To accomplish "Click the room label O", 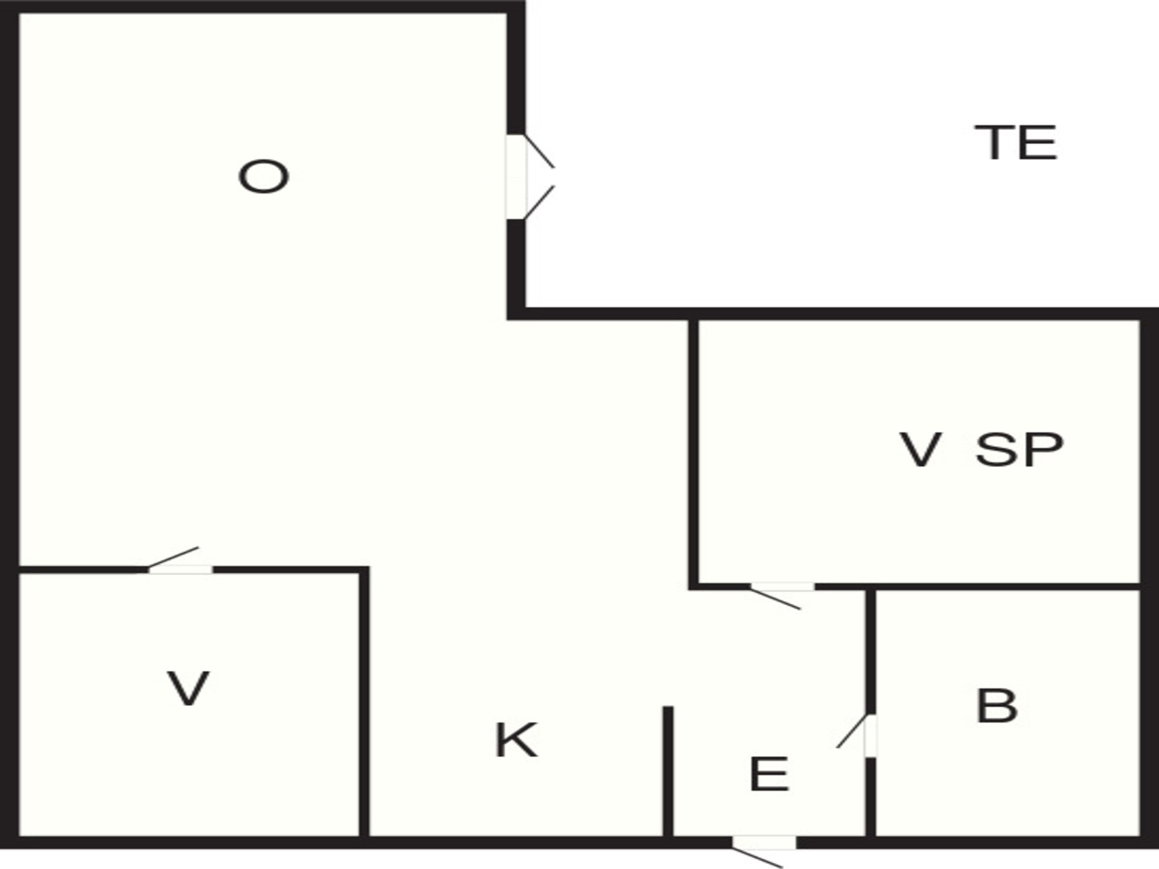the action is click(263, 177).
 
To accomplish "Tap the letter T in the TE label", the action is click(995, 142).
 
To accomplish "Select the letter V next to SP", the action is click(921, 450).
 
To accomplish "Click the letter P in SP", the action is click(1042, 450).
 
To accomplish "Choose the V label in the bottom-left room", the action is click(188, 689).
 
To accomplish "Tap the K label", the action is click(516, 740).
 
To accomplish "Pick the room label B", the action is click(997, 705).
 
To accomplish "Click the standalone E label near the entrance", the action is click(769, 774).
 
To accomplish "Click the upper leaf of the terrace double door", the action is click(539, 151).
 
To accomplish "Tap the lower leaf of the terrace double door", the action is click(539, 202).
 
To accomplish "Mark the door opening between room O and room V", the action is click(180, 569).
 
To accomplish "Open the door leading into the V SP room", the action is click(782, 587).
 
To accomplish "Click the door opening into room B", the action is click(870, 736).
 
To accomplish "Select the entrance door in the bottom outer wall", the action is click(764, 842).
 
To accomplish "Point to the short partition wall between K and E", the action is click(668, 771).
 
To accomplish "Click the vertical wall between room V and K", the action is click(364, 702).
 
